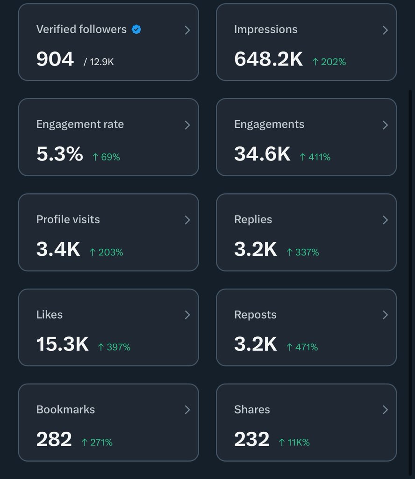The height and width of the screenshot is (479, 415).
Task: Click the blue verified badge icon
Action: (x=136, y=29)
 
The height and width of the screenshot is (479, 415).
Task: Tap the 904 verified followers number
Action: (x=55, y=59)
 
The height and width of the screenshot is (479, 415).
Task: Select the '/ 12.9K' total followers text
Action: (x=99, y=62)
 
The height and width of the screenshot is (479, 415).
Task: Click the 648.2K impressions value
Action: (x=268, y=59)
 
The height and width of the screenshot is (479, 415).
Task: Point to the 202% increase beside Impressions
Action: (x=329, y=62)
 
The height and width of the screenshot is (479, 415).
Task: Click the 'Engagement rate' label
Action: (x=80, y=124)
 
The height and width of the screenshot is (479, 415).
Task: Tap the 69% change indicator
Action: (x=106, y=157)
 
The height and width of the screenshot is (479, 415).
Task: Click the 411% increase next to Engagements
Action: (x=315, y=157)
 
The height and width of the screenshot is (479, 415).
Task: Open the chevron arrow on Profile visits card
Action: (x=187, y=220)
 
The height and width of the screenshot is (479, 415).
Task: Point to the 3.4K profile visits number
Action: (x=58, y=249)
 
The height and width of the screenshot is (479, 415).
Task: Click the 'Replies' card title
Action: (x=253, y=219)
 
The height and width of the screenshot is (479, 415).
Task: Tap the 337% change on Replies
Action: (x=303, y=252)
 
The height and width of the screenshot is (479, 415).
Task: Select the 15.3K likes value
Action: (x=62, y=344)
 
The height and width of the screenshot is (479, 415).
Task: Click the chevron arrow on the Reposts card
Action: (x=385, y=315)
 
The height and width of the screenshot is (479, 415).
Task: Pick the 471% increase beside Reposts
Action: (x=302, y=347)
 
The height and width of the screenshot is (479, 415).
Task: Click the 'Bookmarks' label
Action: (x=65, y=409)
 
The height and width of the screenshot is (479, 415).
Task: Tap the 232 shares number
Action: (x=251, y=439)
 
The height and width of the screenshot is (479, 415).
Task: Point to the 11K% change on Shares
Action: (x=294, y=442)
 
